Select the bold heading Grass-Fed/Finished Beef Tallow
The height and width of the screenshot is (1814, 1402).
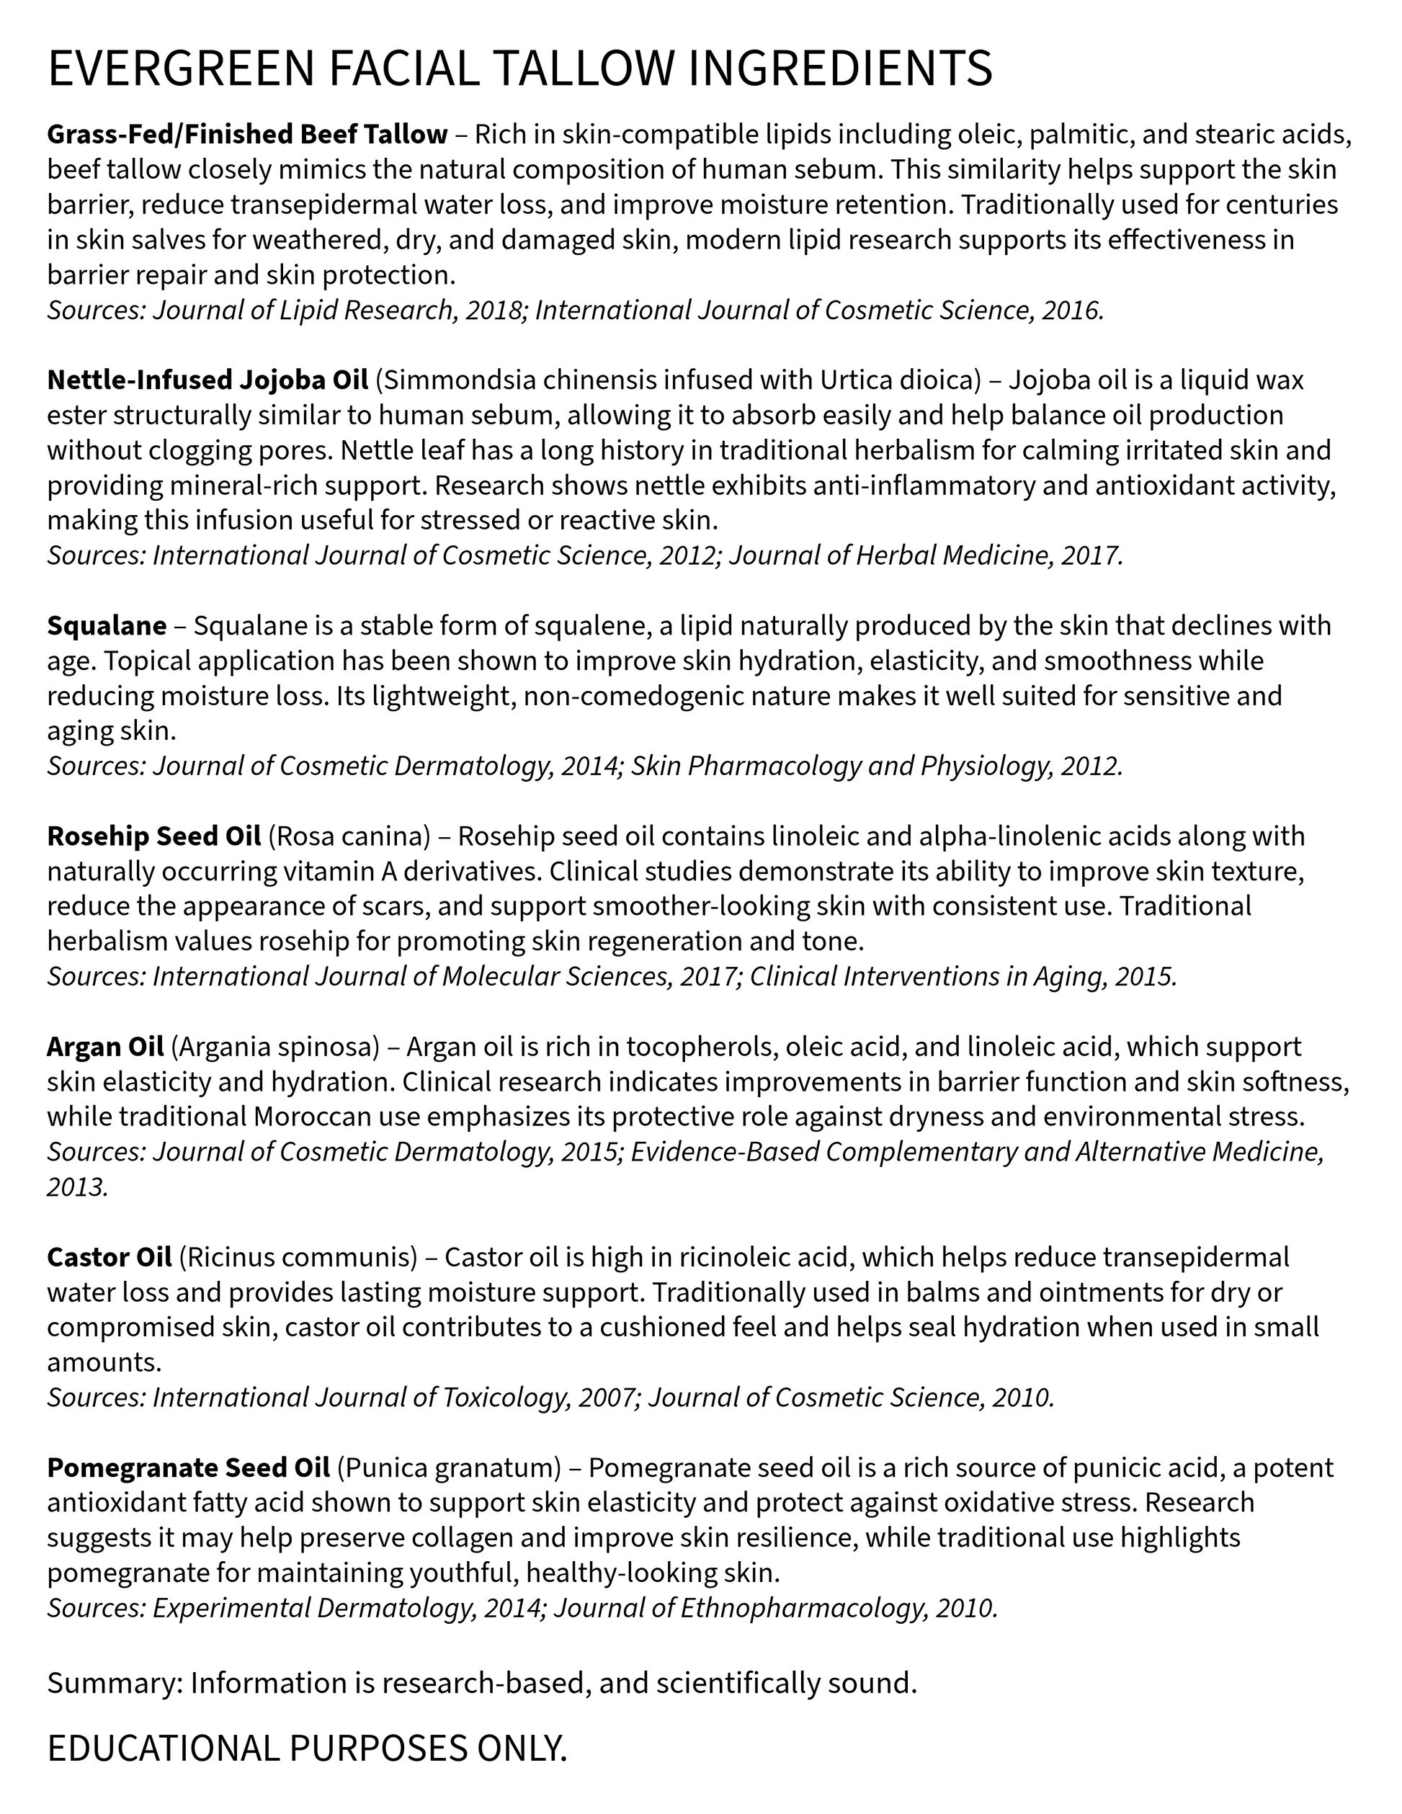[x=246, y=134]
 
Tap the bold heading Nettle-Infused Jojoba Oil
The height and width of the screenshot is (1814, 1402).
[x=207, y=380]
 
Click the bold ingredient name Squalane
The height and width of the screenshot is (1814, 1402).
[x=107, y=625]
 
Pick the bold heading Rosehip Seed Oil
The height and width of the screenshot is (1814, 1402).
[x=153, y=836]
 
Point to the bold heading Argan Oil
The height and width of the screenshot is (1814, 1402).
[x=104, y=1047]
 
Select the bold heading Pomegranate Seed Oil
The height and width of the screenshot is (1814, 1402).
[x=189, y=1468]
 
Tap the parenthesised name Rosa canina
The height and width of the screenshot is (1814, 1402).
[x=349, y=836]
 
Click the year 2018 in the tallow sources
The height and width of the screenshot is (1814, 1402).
[x=491, y=310]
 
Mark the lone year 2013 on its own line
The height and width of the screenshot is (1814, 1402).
[x=76, y=1187]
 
